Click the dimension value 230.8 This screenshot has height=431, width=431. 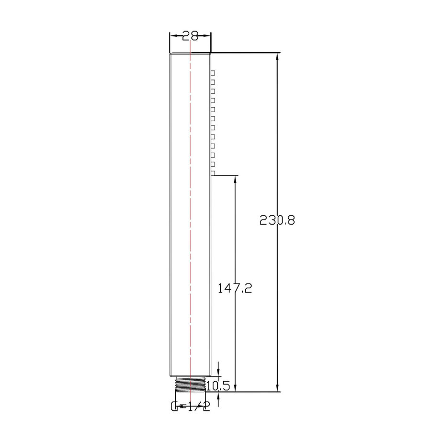pyautogui.click(x=277, y=220)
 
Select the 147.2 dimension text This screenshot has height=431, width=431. pyautogui.click(x=235, y=288)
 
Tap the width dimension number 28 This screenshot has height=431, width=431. pyautogui.click(x=190, y=35)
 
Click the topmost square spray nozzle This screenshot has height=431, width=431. pyautogui.click(x=213, y=73)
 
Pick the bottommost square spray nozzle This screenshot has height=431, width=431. pyautogui.click(x=213, y=173)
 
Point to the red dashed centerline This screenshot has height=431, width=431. pyautogui.click(x=191, y=215)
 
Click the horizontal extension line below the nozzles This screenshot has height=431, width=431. pyautogui.click(x=225, y=176)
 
